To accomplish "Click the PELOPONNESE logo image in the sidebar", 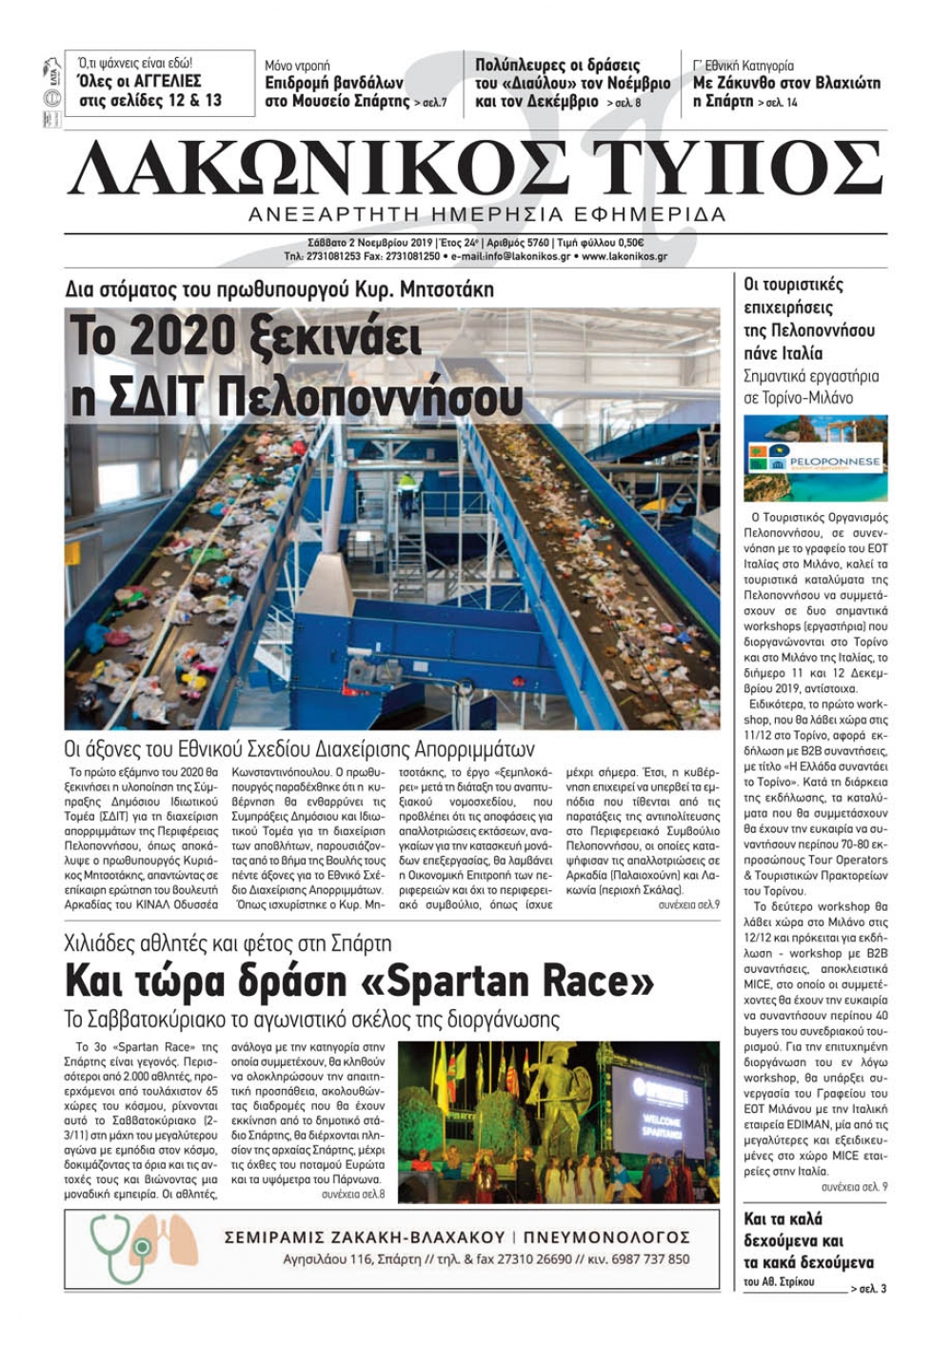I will (x=815, y=459).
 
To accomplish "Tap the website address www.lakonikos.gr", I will (x=624, y=257).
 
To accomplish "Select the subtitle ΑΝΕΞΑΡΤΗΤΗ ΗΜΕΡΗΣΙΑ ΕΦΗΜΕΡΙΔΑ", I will (x=486, y=214).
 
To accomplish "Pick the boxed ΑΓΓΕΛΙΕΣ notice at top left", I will (x=159, y=83).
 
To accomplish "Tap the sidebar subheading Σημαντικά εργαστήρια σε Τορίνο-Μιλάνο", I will (x=798, y=386).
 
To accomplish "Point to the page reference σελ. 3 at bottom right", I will (x=872, y=1289).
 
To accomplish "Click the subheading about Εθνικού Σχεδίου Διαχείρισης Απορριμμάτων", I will (x=300, y=748).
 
